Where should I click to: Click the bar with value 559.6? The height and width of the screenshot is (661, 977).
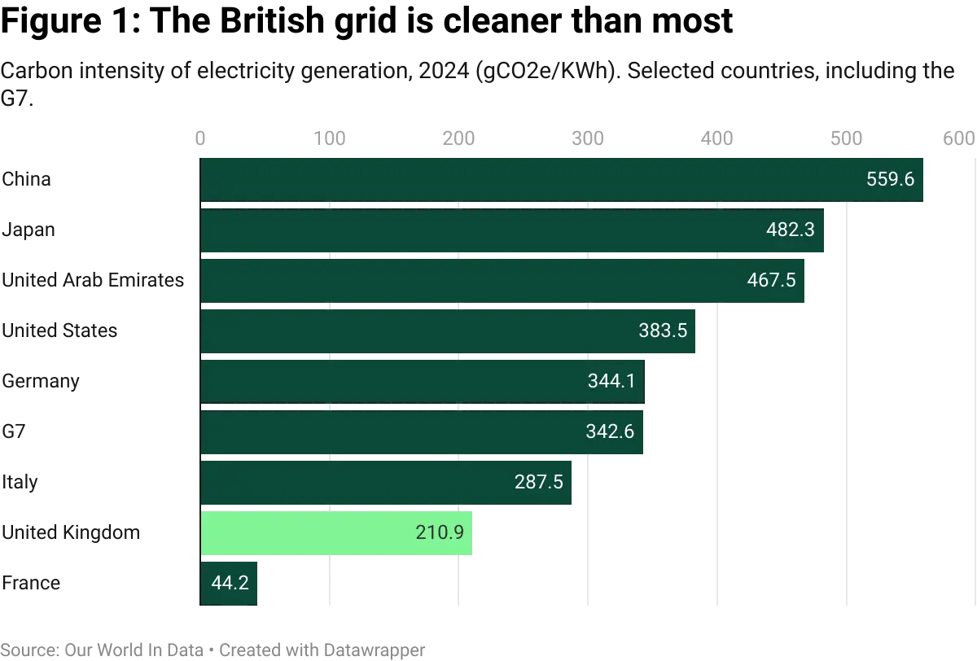pyautogui.click(x=562, y=180)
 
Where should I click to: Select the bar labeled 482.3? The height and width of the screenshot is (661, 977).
pyautogui.click(x=513, y=230)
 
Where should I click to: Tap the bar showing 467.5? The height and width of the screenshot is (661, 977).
pyautogui.click(x=503, y=281)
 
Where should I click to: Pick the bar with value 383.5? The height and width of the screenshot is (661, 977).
pyautogui.click(x=448, y=331)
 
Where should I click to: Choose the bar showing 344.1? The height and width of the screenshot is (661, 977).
pyautogui.click(x=422, y=382)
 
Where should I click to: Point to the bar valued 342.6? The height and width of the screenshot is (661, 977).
pyautogui.click(x=422, y=432)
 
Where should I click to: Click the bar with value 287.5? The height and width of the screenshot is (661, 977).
pyautogui.click(x=386, y=483)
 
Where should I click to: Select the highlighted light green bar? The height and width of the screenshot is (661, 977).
pyautogui.click(x=337, y=533)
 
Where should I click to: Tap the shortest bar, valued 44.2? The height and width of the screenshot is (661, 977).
pyautogui.click(x=230, y=583)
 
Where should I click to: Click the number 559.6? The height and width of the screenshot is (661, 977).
pyautogui.click(x=891, y=180)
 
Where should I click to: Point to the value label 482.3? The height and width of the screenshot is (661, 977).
pyautogui.click(x=791, y=230)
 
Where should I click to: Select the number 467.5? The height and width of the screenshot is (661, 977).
pyautogui.click(x=771, y=281)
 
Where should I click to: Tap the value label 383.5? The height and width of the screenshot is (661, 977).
pyautogui.click(x=663, y=331)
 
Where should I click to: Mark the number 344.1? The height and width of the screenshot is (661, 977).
pyautogui.click(x=611, y=382)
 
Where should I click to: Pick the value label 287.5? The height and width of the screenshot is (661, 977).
pyautogui.click(x=539, y=483)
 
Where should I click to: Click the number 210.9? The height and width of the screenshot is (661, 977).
pyautogui.click(x=439, y=533)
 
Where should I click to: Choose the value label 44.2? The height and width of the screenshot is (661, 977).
pyautogui.click(x=230, y=583)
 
